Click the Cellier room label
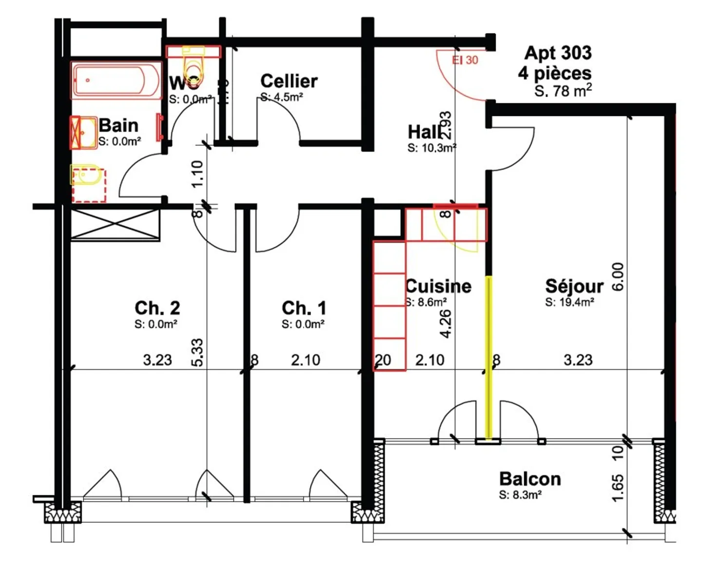(289, 81)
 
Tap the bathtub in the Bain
(116, 80)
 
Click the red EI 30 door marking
(465, 60)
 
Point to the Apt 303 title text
(558, 53)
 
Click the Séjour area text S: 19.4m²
(569, 302)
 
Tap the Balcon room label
(530, 479)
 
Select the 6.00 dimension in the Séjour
(618, 277)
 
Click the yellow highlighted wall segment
(488, 356)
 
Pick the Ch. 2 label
(157, 308)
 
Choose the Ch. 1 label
(304, 308)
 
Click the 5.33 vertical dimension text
(197, 352)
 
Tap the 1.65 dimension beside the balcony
(617, 488)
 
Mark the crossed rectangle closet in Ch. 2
(115, 224)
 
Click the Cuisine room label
(439, 286)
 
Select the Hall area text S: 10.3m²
(431, 148)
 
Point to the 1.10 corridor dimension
(197, 174)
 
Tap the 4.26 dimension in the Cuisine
(446, 323)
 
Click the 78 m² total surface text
(564, 91)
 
